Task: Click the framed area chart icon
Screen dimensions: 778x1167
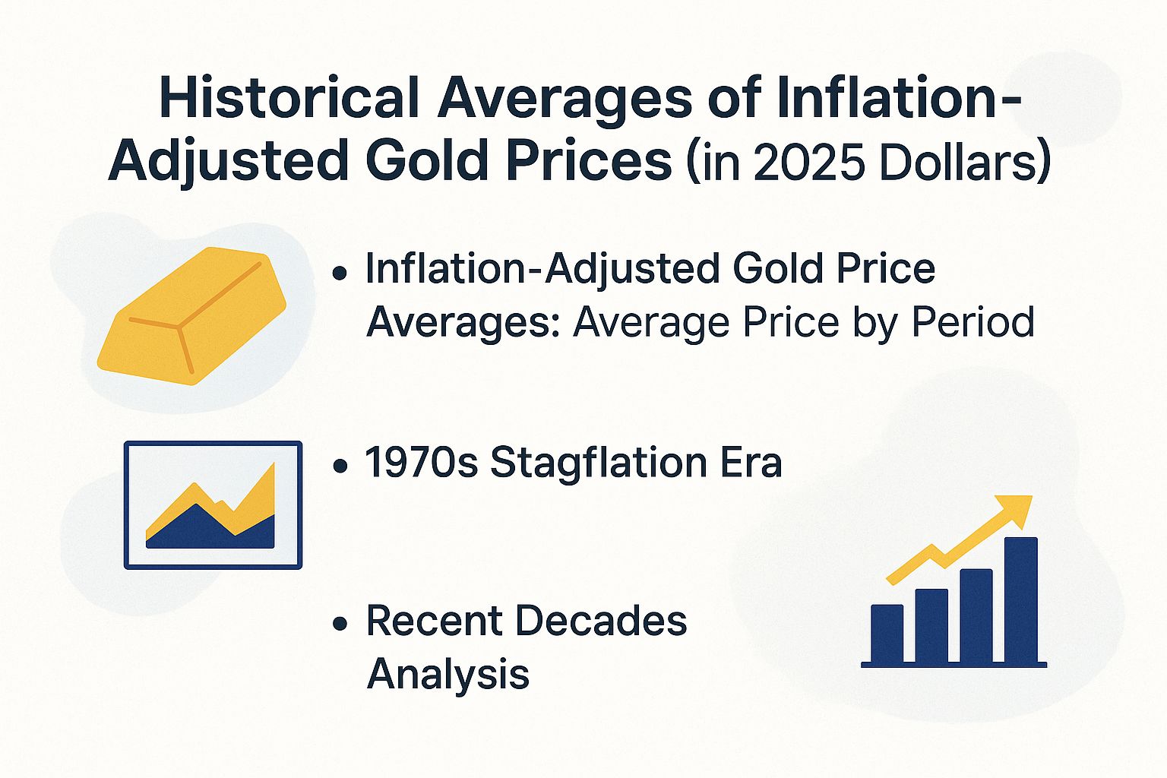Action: tap(213, 505)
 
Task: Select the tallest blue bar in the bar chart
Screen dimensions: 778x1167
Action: tap(1020, 599)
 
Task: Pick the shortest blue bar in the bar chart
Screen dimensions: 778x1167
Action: tap(887, 633)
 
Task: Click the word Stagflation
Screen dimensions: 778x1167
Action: tap(597, 462)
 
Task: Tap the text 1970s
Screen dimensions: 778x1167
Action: tap(422, 462)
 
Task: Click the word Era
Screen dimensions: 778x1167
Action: tap(750, 462)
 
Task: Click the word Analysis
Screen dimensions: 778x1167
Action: tap(448, 673)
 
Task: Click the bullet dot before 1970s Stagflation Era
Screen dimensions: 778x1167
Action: tap(340, 465)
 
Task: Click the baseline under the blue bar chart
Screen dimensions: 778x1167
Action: tap(954, 665)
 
